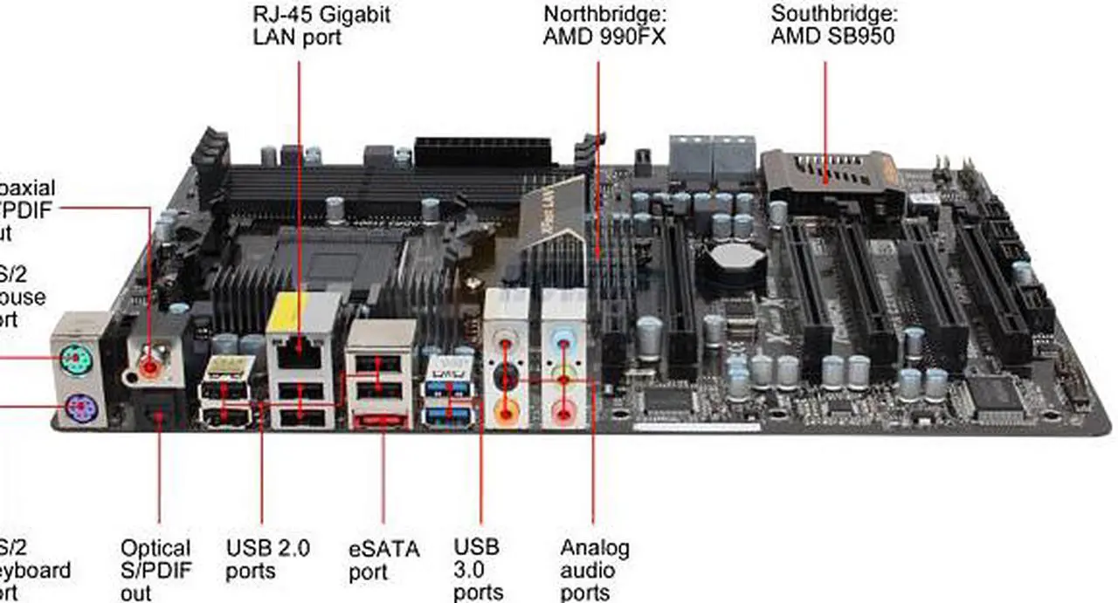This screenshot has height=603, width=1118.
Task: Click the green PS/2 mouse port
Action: (77, 359)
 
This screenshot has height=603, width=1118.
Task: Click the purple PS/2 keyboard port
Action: (79, 407)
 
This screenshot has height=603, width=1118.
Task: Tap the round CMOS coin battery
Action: (735, 257)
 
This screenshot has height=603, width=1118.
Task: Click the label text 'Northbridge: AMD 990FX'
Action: (604, 26)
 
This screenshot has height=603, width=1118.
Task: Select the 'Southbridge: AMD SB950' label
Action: (833, 26)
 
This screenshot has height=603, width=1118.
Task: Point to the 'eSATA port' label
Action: (384, 560)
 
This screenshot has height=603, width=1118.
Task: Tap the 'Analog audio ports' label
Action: (594, 570)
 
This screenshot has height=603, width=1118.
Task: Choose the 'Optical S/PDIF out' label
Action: (155, 570)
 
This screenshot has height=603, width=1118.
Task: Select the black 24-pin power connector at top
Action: (482, 153)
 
